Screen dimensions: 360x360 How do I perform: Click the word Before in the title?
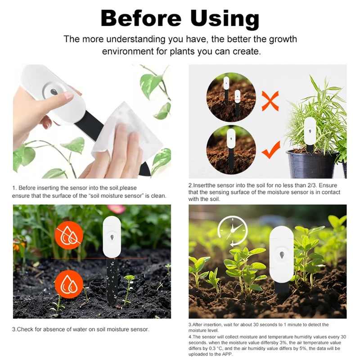141,18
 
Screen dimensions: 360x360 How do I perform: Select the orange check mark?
270,150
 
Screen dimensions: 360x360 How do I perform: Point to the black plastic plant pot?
311,164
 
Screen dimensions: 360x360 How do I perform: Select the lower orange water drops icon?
68,283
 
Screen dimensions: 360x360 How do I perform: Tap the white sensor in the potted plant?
310,131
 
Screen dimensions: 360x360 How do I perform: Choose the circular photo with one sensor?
231,150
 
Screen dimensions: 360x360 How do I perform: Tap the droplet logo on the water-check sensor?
111,236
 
